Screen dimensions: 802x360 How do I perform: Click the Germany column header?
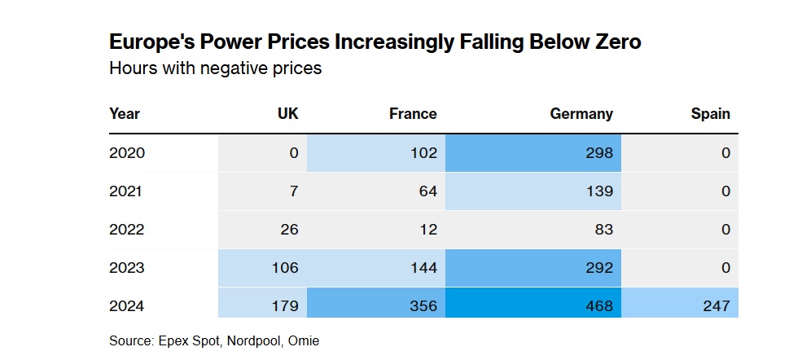[581, 113]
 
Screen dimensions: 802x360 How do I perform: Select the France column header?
[413, 113]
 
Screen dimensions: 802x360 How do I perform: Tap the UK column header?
[288, 113]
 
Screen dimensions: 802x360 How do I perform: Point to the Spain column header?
[711, 113]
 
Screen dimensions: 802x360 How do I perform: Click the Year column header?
[125, 113]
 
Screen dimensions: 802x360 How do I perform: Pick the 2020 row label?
[127, 153]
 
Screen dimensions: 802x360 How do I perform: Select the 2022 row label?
[127, 230]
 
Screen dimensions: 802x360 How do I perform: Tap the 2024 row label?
[127, 306]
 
